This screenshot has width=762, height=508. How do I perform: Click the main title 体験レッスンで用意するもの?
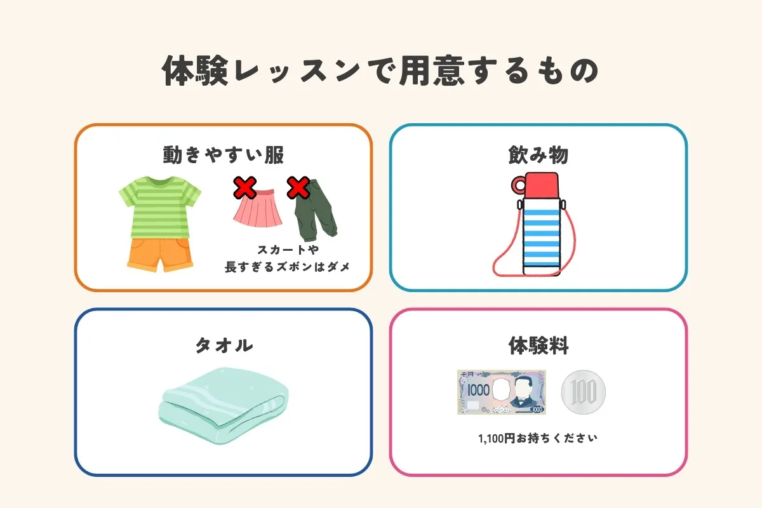[x=380, y=70]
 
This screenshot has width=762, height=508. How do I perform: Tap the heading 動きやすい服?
[x=223, y=155]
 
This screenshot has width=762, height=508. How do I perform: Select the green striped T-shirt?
[x=160, y=207]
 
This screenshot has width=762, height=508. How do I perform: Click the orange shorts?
[x=160, y=255]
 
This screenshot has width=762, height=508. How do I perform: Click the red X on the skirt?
[x=244, y=187]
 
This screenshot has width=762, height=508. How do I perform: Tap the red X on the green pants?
[x=298, y=187]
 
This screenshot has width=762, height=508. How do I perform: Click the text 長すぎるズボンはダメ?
[x=287, y=267]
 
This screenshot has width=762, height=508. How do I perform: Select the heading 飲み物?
[x=538, y=155]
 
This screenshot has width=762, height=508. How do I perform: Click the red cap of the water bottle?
[x=541, y=185]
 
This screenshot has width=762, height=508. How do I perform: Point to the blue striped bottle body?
[x=541, y=236]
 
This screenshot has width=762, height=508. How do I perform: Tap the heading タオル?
[x=224, y=345]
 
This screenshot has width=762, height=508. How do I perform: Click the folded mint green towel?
[x=224, y=406]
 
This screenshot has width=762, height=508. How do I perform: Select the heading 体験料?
[x=538, y=345]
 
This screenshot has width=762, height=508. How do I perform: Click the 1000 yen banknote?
[x=502, y=392]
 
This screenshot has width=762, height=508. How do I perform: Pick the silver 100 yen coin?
[x=584, y=392]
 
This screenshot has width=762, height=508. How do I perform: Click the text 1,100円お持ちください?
[x=537, y=438]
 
